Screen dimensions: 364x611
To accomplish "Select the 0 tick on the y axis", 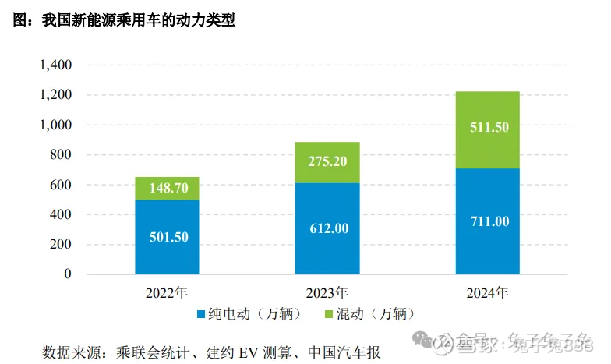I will click(x=68, y=274).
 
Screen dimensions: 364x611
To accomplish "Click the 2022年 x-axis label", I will click(x=166, y=293).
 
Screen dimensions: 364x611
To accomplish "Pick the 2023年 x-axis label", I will click(x=327, y=293).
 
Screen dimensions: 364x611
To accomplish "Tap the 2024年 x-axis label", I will click(x=487, y=293).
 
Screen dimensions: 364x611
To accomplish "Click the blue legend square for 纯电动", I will click(x=200, y=314).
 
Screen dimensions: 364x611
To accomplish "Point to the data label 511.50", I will click(x=489, y=127).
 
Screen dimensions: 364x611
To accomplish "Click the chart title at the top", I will click(x=124, y=20).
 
